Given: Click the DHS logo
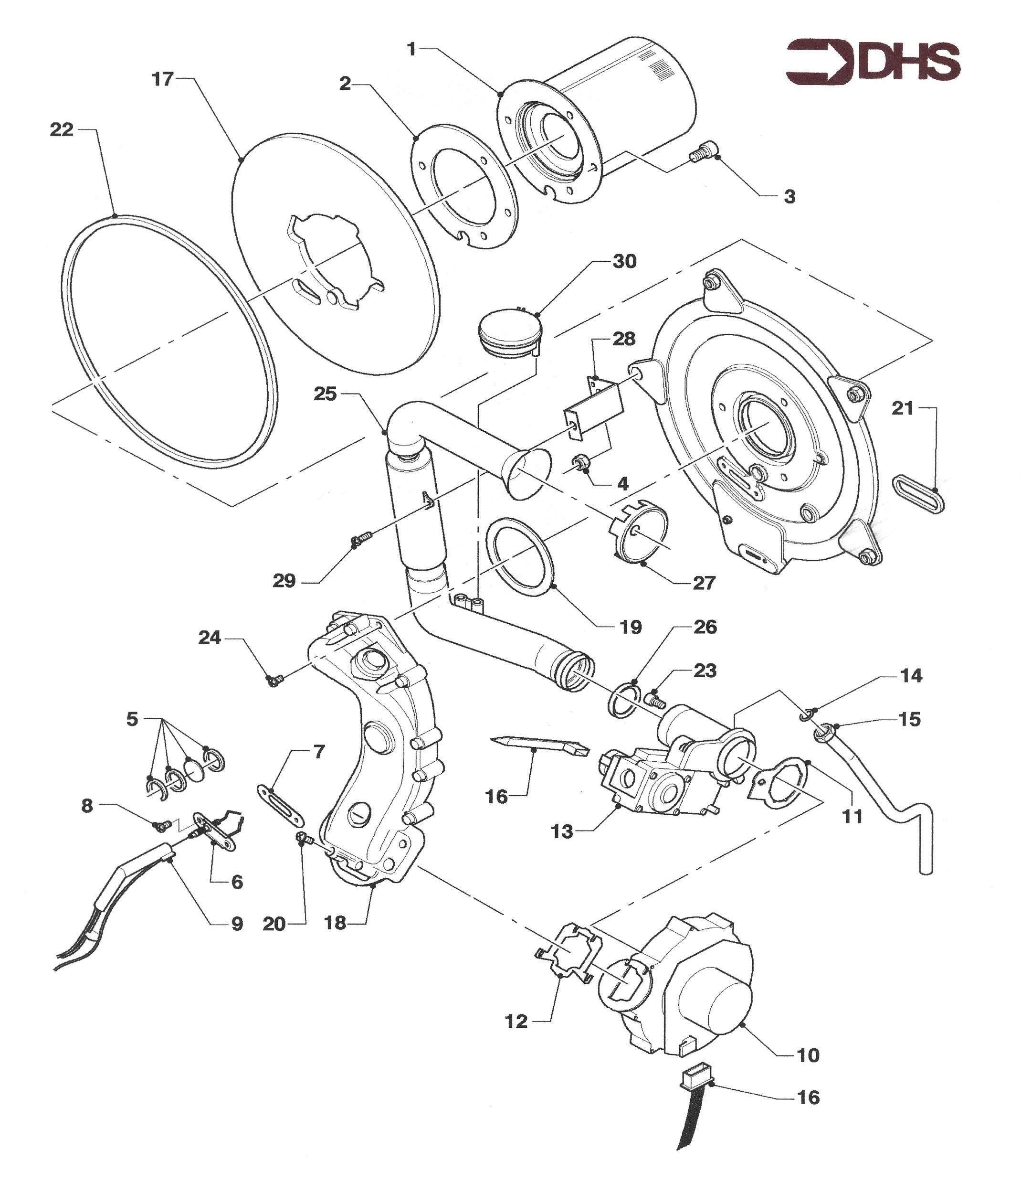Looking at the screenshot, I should coord(873,62).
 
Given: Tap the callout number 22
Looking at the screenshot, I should coord(62,130).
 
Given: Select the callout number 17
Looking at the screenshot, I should coord(162,79).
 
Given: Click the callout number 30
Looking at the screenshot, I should coord(624,261).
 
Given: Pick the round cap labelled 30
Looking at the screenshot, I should coord(509,332).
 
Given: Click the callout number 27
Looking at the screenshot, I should coord(703,583).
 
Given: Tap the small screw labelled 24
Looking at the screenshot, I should coord(274,681).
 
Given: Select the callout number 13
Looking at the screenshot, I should coord(562,831).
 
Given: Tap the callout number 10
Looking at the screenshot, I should coord(808,1055).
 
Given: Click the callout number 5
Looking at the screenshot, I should coord(132,719).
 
